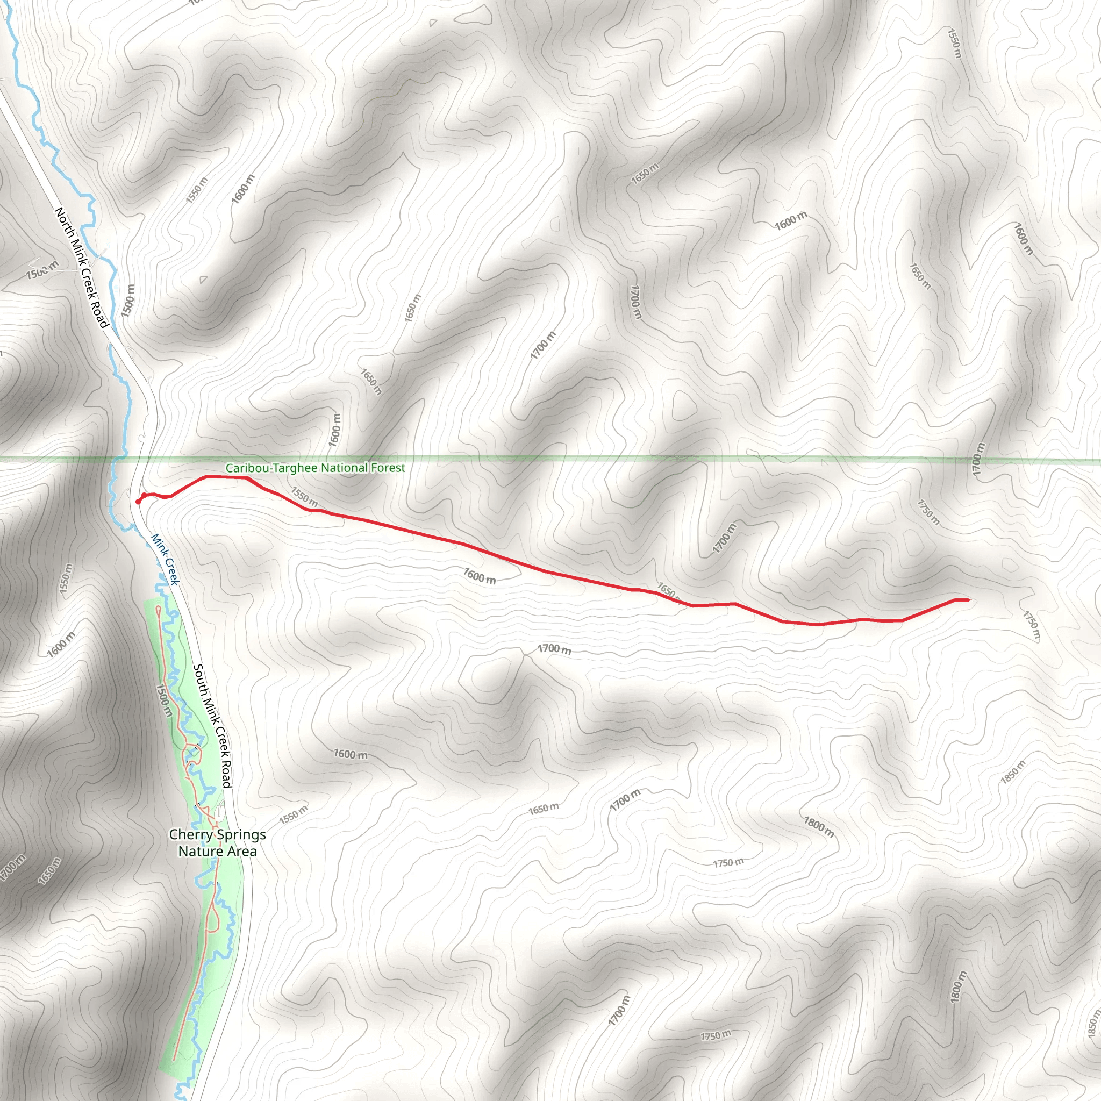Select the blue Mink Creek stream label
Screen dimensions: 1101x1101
pos(165,559)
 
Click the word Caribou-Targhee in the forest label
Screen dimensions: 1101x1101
pos(272,468)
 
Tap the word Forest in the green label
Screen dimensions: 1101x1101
pos(388,468)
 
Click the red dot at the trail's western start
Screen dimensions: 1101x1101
pos(139,502)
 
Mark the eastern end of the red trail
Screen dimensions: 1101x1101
pos(968,600)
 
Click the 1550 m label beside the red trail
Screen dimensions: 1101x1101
pos(304,497)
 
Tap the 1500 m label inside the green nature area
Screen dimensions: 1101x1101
pos(163,701)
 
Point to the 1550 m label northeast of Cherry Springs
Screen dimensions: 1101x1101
pos(294,814)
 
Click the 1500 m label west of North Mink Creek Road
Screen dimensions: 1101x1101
pos(41,269)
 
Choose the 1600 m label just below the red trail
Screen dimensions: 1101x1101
pos(478,576)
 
